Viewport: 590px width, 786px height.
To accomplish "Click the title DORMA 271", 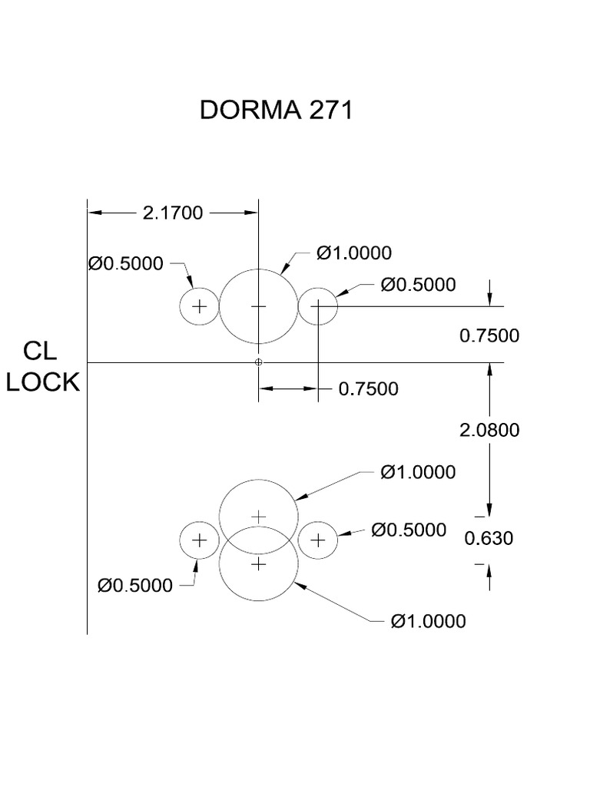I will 276,111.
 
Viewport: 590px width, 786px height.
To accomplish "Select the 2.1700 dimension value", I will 173,213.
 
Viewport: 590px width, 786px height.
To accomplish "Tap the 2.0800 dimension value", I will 489,430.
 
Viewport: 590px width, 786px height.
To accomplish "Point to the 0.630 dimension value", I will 489,539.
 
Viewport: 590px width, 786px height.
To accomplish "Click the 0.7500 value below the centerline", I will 369,389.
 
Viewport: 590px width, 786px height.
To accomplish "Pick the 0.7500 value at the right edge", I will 489,335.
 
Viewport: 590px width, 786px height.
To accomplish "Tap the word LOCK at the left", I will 43,381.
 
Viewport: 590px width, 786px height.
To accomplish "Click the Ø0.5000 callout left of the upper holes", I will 126,264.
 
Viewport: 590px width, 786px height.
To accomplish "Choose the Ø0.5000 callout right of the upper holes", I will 418,285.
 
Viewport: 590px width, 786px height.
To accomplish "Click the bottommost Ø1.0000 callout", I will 428,621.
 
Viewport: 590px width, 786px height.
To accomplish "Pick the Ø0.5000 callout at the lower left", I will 135,586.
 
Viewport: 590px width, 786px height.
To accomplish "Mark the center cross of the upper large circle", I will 259,306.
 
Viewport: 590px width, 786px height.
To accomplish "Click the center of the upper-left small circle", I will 200,306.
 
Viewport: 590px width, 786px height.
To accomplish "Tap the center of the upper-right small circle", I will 318,306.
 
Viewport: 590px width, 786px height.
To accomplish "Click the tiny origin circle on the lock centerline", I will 259,362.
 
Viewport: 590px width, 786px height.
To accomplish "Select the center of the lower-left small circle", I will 200,540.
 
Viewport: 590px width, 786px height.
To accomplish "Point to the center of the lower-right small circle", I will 318,540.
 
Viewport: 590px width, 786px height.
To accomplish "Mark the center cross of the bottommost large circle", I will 259,564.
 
